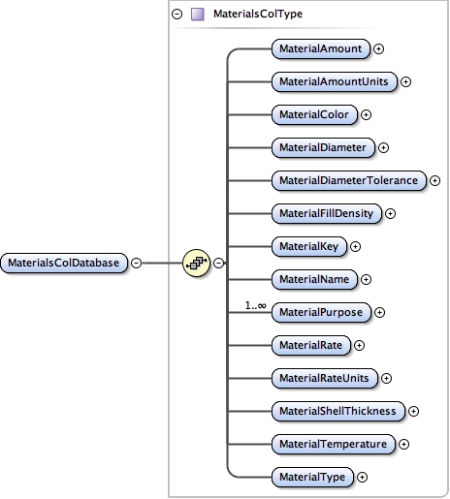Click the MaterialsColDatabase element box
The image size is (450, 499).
65,263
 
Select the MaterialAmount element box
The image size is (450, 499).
320,47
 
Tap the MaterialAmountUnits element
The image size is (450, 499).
334,81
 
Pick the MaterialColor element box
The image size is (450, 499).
313,114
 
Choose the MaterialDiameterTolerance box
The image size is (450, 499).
347,180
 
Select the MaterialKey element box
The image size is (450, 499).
308,246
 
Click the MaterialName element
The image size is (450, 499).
314,279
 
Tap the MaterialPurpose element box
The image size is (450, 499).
321,312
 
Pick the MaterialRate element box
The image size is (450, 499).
310,344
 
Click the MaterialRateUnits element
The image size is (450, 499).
325,377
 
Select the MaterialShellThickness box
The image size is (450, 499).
337,411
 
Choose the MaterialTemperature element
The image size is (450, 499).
332,444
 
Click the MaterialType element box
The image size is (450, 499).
311,476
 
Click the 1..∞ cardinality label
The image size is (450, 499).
256,305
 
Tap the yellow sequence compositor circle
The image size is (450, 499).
197,263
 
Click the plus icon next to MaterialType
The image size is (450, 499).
362,477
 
